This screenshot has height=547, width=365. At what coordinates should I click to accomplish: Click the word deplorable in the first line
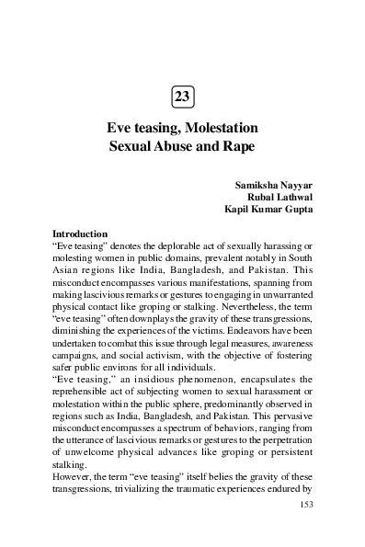(x=185, y=247)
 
